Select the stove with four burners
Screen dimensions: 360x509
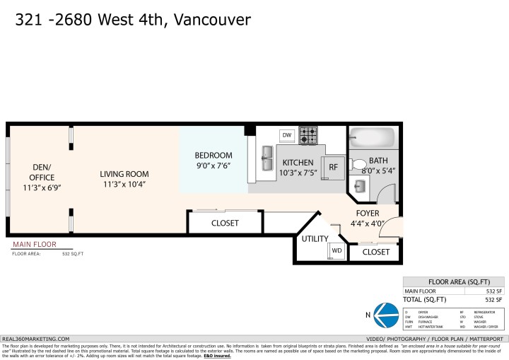pyautogui.click(x=308, y=135)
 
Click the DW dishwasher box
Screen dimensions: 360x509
pyautogui.click(x=287, y=135)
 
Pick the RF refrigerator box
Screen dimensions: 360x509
pyautogui.click(x=332, y=168)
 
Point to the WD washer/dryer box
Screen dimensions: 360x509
pyautogui.click(x=337, y=251)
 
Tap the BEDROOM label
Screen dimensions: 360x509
pyautogui.click(x=213, y=156)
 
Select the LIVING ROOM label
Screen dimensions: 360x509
pyautogui.click(x=124, y=174)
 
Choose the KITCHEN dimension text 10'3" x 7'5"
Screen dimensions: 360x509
pyautogui.click(x=298, y=173)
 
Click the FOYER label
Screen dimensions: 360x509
pyautogui.click(x=368, y=213)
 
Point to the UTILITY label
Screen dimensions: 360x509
pyautogui.click(x=315, y=238)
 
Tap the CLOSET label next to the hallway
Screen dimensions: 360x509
pyautogui.click(x=225, y=223)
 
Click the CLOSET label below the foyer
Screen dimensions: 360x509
pyautogui.click(x=375, y=252)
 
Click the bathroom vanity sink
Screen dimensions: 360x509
pyautogui.click(x=360, y=186)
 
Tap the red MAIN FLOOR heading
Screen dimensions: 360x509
pyautogui.click(x=33, y=245)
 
